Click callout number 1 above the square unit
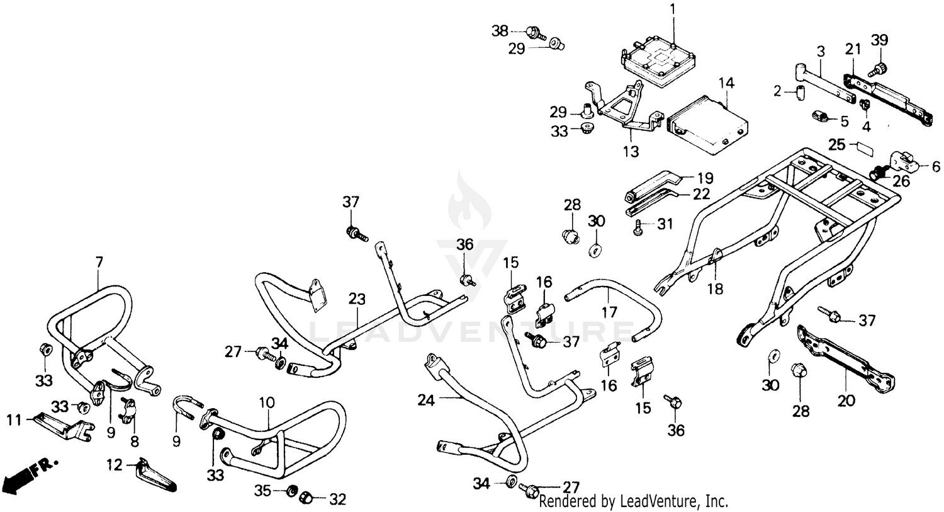[672, 9]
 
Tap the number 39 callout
[879, 40]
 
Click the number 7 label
[98, 261]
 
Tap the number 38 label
[500, 30]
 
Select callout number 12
[114, 466]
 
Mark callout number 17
[609, 311]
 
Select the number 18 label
[715, 289]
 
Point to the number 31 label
[665, 224]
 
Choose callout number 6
[935, 168]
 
